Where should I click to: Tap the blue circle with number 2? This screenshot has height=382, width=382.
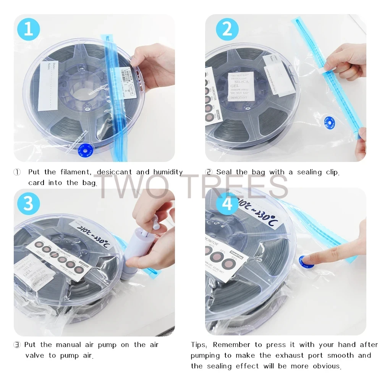point(227,29)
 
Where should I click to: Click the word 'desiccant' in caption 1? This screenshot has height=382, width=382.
point(114,172)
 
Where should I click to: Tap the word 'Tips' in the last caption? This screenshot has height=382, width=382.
point(199,345)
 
